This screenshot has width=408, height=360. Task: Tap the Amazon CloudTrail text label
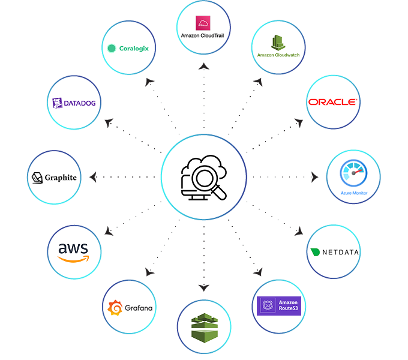tap(203, 36)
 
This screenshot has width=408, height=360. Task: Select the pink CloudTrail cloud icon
tap(203, 23)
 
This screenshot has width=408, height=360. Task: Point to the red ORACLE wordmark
tap(333, 102)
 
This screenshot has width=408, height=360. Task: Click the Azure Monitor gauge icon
tap(353, 173)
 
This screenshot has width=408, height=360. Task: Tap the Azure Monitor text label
tap(353, 193)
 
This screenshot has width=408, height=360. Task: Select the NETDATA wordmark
tap(339, 252)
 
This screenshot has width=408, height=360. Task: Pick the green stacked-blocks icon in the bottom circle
tap(203, 327)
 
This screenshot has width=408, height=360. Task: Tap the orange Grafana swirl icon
tap(115, 308)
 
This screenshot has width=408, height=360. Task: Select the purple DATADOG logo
tap(73, 103)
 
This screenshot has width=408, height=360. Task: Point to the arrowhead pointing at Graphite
tap(92, 177)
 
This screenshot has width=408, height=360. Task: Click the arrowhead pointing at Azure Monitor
tap(316, 177)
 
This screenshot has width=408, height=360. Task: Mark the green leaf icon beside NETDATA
tap(314, 253)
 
